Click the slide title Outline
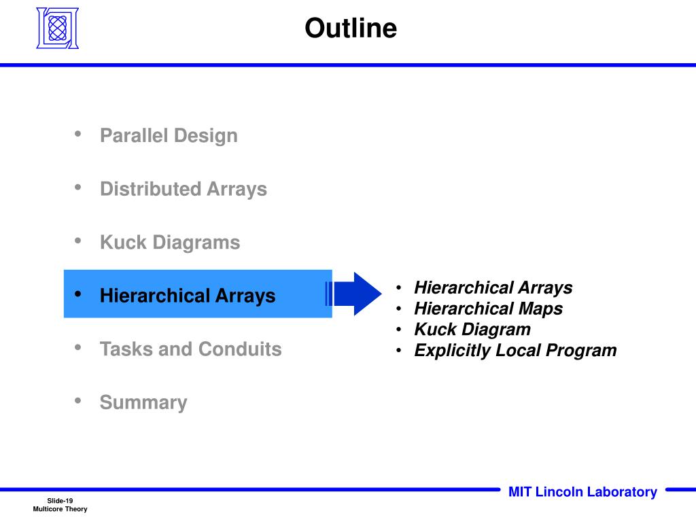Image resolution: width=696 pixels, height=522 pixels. coord(350,29)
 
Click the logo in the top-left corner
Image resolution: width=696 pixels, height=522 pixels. coord(57,29)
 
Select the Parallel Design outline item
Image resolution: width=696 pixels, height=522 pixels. coord(169,135)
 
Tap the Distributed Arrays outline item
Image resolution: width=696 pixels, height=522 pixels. coord(183,189)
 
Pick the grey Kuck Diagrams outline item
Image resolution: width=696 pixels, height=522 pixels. coord(170,243)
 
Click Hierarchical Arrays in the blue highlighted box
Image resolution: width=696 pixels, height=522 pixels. coord(188,296)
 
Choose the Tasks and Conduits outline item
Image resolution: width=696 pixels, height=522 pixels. coord(190,349)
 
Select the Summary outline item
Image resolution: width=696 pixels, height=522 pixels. coord(143,402)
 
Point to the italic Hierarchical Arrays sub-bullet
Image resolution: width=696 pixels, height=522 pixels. coord(493,288)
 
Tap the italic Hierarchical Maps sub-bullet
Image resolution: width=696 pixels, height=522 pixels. coord(488,309)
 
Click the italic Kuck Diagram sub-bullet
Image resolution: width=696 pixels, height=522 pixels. coord(472,330)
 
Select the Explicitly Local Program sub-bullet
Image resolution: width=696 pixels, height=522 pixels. coord(515,351)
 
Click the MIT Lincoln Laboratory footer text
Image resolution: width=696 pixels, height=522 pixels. coord(582,492)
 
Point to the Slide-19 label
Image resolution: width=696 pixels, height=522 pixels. coord(60,500)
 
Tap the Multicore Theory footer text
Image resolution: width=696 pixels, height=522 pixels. coord(60,509)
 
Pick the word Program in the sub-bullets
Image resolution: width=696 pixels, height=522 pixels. coord(582,351)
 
